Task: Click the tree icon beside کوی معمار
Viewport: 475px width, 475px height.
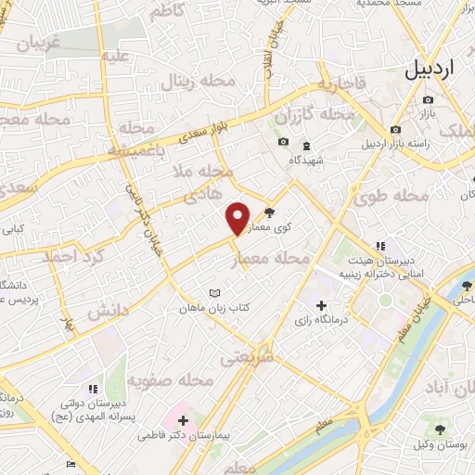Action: click(270, 212)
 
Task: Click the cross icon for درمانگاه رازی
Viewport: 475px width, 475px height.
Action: click(321, 306)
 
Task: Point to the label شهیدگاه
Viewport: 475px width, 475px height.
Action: click(305, 160)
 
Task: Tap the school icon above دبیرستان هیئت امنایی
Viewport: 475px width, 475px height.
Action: click(379, 246)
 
